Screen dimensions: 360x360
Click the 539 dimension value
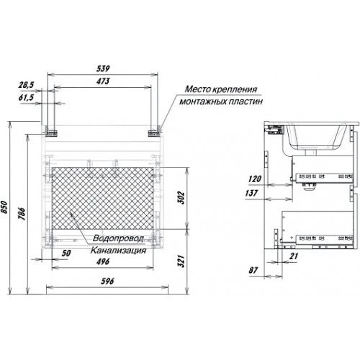(x=103, y=68)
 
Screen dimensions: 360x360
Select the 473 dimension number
(x=103, y=81)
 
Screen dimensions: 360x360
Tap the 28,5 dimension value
(x=27, y=85)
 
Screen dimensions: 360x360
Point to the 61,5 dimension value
(x=27, y=98)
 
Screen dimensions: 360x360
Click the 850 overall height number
(x=4, y=207)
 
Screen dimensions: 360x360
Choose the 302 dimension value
(x=181, y=197)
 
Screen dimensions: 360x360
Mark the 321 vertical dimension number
(x=181, y=261)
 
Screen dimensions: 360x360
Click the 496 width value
(x=103, y=261)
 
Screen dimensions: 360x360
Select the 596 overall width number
(x=107, y=281)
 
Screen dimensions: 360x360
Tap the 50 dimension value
(x=66, y=253)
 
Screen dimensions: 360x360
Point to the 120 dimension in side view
(x=255, y=179)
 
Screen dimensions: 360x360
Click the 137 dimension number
(x=251, y=193)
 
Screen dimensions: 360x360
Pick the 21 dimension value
(x=294, y=256)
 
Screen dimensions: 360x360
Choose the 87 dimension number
(x=253, y=270)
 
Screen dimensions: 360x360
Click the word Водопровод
(x=118, y=238)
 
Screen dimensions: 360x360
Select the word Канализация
(x=118, y=251)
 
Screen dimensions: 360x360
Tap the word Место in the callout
(x=197, y=89)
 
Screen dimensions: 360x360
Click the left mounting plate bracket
(x=51, y=133)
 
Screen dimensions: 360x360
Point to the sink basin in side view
(x=315, y=139)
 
